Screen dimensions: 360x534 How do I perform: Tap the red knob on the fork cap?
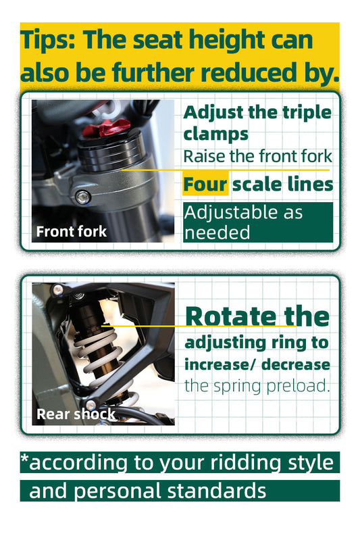[x=107, y=128]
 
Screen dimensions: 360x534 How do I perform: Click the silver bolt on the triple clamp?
[x=82, y=197]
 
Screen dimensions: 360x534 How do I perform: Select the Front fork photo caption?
[x=72, y=232]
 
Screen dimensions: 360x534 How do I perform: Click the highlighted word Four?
[x=205, y=185]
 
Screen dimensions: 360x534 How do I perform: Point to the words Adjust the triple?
[x=257, y=112]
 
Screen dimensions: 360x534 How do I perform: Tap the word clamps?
[x=215, y=134]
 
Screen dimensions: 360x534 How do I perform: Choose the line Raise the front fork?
[x=257, y=156]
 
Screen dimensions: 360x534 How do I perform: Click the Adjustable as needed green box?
[x=258, y=222]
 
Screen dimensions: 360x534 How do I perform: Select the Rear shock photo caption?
[x=76, y=414]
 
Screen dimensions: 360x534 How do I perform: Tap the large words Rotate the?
[x=257, y=317]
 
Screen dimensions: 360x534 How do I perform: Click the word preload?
[x=298, y=386]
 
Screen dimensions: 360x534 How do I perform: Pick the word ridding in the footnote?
[x=245, y=463]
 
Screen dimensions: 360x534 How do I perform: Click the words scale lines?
[x=283, y=185]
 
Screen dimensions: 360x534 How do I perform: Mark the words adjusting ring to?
[x=257, y=343]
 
